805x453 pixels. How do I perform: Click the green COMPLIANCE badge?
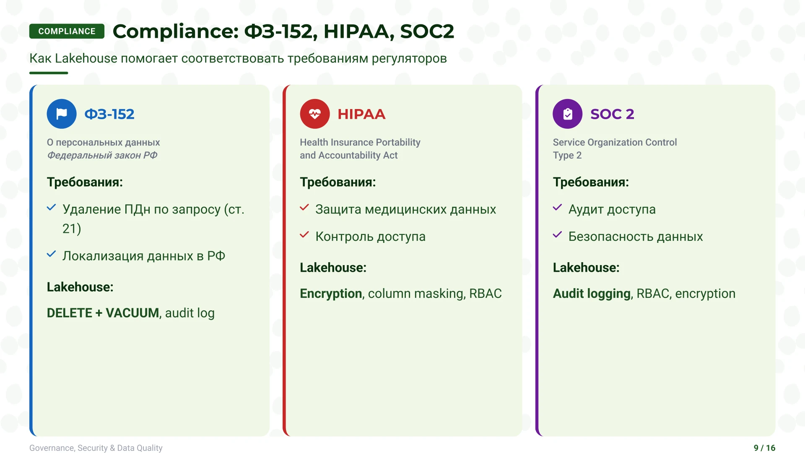tap(67, 31)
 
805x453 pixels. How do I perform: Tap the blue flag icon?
tap(62, 114)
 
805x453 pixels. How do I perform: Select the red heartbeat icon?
tap(315, 114)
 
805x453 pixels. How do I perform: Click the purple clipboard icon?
tap(568, 114)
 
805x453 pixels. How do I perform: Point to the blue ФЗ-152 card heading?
tap(109, 114)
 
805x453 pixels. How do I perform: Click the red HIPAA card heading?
tap(361, 114)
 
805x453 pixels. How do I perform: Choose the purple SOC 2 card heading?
tap(612, 114)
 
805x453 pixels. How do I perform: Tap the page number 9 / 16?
tap(764, 448)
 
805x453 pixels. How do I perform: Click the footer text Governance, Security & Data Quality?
tap(96, 448)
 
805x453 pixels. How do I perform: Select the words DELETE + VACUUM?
tap(103, 313)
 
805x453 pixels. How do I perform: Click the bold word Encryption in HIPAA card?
tap(331, 294)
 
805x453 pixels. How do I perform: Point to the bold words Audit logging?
tap(592, 294)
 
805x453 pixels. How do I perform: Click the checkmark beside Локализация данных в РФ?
tap(51, 254)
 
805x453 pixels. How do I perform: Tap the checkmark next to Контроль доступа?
tap(304, 235)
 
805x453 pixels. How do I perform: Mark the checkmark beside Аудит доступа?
tap(557, 208)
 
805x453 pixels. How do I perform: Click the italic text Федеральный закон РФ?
tap(102, 155)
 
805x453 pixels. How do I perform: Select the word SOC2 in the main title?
tap(427, 31)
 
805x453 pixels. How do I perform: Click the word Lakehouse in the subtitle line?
tap(86, 58)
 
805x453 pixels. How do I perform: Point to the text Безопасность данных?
tap(636, 237)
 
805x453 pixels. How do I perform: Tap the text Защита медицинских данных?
tap(406, 209)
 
